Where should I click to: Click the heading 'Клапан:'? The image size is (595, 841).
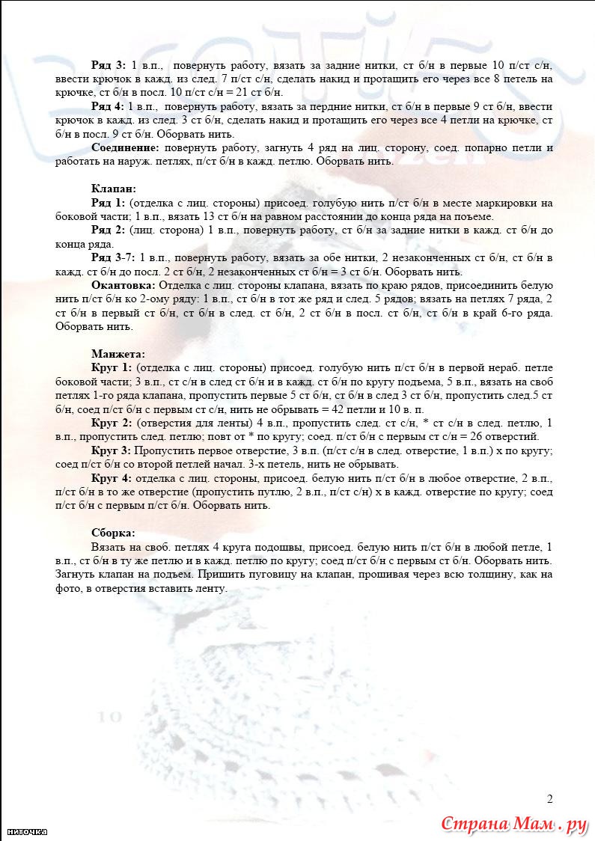[113, 189]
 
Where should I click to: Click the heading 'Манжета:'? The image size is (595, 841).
[118, 354]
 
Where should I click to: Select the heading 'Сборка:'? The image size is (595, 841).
[114, 533]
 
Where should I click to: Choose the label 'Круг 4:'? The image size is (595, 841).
[112, 477]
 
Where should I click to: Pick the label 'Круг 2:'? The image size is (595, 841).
[112, 423]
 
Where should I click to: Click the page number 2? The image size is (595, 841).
[550, 798]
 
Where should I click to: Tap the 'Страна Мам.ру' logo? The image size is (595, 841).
[513, 825]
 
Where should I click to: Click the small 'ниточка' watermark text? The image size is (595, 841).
[27, 831]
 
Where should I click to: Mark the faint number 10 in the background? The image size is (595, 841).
[109, 717]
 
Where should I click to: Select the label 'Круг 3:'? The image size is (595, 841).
[112, 450]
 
